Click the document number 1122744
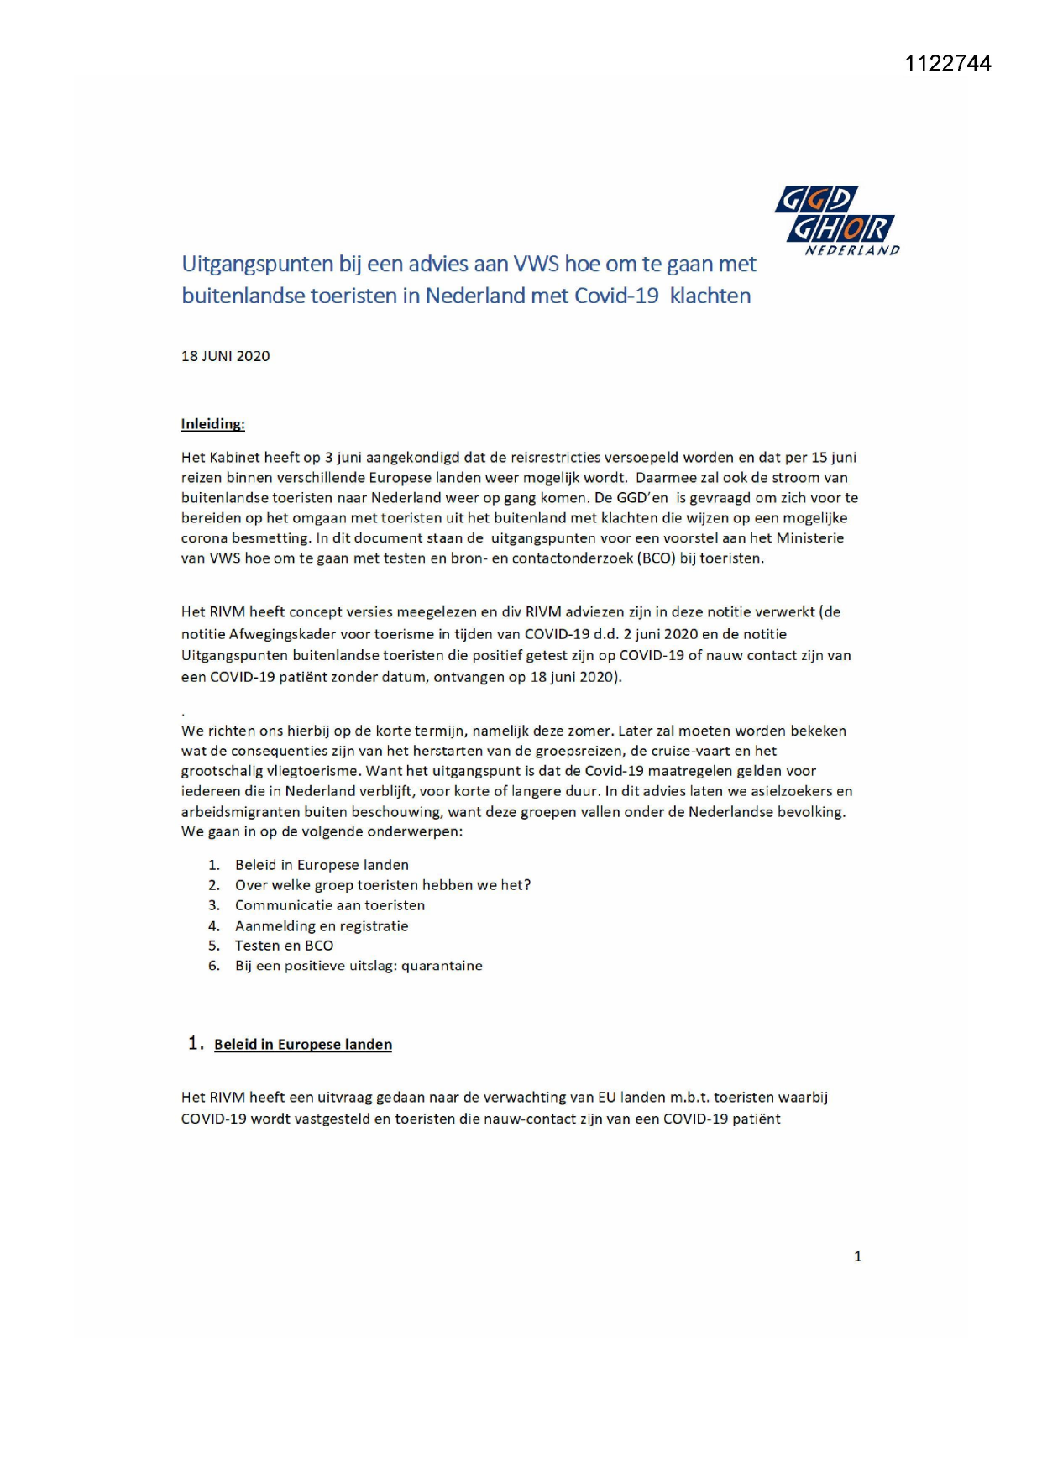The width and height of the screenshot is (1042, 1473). click(x=947, y=64)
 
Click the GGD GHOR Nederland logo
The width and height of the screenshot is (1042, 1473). click(x=836, y=220)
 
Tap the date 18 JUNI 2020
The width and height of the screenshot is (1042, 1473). click(x=225, y=356)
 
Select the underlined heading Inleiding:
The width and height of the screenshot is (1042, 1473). click(x=212, y=424)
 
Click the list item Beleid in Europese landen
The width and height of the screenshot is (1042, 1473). click(x=322, y=865)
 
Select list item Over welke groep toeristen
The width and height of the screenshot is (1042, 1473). click(x=382, y=885)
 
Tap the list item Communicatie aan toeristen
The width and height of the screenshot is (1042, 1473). click(x=329, y=905)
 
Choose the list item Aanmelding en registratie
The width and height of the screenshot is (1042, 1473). click(x=322, y=926)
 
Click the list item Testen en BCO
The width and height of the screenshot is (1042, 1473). click(x=284, y=946)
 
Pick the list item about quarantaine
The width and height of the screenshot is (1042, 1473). click(x=359, y=966)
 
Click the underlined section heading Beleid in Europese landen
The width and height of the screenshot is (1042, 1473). click(x=302, y=1045)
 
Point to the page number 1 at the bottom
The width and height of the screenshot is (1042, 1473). click(x=857, y=1256)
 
